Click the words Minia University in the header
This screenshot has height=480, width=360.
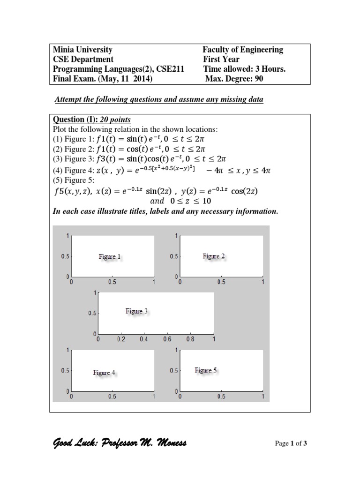coord(83,50)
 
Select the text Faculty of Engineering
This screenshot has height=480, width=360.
coord(242,50)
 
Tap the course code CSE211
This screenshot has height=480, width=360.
coord(169,69)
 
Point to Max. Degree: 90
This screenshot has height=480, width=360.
coord(234,79)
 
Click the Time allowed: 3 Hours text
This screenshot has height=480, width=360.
coord(244,69)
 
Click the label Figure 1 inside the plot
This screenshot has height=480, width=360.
coord(109,256)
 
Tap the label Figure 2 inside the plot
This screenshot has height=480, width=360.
coord(213,256)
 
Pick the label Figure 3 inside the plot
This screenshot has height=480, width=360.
coord(137,311)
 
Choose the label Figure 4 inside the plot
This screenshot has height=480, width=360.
coord(104,373)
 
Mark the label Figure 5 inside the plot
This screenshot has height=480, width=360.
coord(206,370)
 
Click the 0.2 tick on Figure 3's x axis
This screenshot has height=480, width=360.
coord(121,339)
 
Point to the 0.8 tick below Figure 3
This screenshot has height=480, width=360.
coord(190,339)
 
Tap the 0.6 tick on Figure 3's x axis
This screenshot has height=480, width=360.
coord(167,339)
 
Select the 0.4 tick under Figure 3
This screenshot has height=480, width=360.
coord(144,339)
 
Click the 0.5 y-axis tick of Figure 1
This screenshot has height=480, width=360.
coord(65,257)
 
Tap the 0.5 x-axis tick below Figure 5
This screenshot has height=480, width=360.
coord(221,397)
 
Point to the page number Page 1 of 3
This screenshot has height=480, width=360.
coord(291,443)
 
